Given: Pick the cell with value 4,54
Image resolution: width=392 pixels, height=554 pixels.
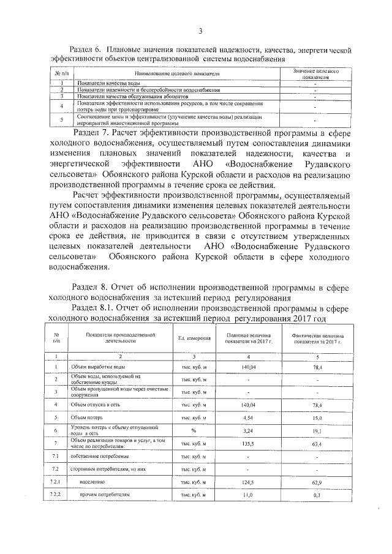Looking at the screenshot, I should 249,418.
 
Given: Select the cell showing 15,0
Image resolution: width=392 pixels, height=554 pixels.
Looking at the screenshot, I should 318,418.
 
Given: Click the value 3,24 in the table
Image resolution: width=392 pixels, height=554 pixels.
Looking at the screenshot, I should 249,430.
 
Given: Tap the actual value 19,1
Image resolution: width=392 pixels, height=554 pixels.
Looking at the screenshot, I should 318,430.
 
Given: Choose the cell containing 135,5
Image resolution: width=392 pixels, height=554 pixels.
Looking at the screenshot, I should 249,443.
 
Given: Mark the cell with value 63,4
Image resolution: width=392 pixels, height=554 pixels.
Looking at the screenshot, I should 318,443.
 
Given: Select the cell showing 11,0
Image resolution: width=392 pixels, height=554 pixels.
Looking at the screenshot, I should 249,495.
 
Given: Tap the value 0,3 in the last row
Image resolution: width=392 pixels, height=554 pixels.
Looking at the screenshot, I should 318,495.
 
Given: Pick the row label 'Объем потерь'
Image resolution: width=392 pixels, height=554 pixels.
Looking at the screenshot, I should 89,417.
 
